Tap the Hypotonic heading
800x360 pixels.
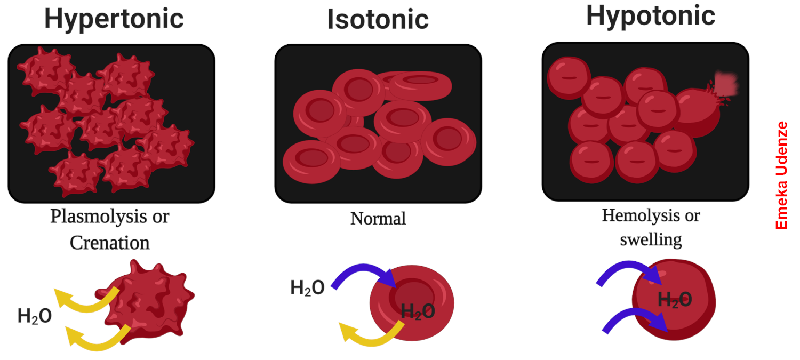[x=650, y=16]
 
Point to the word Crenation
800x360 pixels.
[x=110, y=243]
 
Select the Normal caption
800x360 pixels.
[x=378, y=218]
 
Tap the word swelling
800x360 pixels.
[x=651, y=239]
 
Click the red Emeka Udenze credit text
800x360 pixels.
[x=781, y=175]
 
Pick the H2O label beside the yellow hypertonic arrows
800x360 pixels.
[x=35, y=316]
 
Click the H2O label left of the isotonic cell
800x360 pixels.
[x=307, y=288]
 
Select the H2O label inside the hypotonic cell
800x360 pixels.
[x=675, y=300]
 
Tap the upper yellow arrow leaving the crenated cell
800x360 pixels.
[x=85, y=302]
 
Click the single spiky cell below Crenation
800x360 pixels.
[x=149, y=301]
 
